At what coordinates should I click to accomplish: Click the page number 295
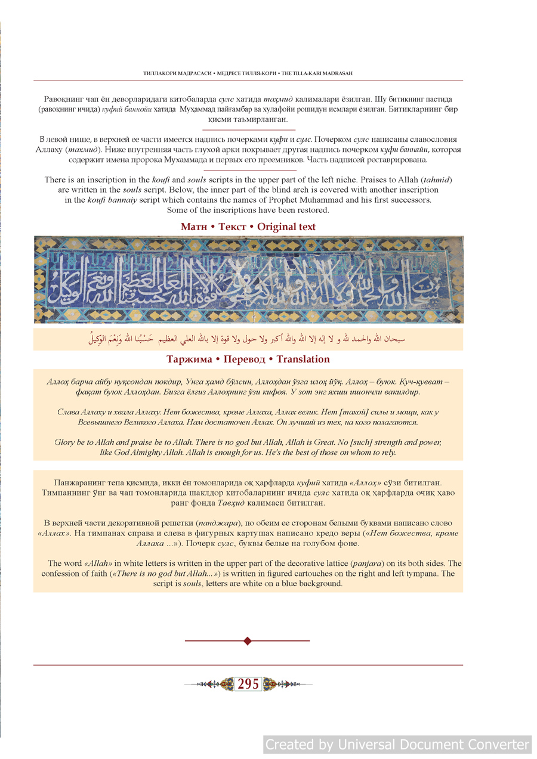(x=248, y=684)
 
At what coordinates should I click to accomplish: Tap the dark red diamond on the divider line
(x=248, y=641)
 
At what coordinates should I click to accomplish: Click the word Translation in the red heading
(x=303, y=359)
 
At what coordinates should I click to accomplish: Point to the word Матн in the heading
(x=194, y=227)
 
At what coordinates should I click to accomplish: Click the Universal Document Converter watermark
(x=397, y=745)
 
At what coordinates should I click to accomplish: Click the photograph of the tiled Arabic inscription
(x=248, y=279)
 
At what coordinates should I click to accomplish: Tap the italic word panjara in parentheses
(x=368, y=563)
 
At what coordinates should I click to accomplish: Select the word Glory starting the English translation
(x=65, y=442)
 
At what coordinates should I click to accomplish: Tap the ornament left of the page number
(x=221, y=684)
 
